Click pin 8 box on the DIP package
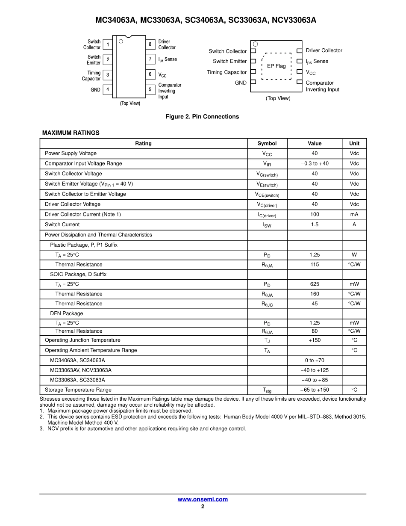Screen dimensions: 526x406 coord(150,44)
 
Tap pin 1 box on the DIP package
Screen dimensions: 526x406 coord(108,44)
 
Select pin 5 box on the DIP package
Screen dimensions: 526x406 coord(150,90)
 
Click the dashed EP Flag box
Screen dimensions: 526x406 coord(277,66)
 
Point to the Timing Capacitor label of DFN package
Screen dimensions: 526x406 coord(227,72)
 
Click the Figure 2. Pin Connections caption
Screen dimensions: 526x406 coord(202,117)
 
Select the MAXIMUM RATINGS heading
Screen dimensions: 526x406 coord(71,133)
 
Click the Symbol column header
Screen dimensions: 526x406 coord(267,144)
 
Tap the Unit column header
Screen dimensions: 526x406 coord(354,144)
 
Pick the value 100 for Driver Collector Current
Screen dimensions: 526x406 coord(315,214)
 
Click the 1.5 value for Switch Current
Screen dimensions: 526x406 coord(315,225)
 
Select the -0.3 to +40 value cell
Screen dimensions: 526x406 coord(315,163)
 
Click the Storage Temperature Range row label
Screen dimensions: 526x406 coord(78,390)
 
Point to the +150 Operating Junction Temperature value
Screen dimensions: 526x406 coord(315,340)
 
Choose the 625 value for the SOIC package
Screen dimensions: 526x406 coord(315,284)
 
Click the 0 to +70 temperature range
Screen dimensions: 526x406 coord(315,361)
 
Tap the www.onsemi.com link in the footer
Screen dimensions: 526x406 coord(203,499)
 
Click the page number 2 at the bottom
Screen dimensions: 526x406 coord(203,506)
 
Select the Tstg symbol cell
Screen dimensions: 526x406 coord(267,390)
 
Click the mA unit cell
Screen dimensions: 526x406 coord(354,214)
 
